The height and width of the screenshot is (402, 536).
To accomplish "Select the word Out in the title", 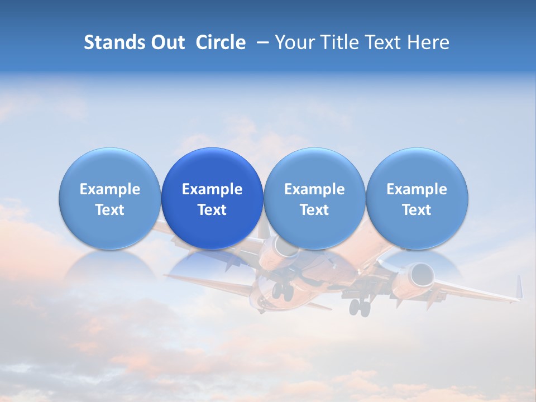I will pyautogui.click(x=167, y=42).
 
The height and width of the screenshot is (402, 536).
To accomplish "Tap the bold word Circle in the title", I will pyautogui.click(x=221, y=42).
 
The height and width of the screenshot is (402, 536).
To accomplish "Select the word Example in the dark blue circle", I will pyautogui.click(x=212, y=189).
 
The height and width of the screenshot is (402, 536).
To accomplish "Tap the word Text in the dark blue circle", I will pyautogui.click(x=212, y=210).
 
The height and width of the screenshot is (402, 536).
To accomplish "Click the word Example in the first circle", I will pyautogui.click(x=110, y=189).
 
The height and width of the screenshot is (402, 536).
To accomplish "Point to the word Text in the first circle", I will pyautogui.click(x=110, y=210).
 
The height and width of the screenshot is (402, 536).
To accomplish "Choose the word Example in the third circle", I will pyautogui.click(x=314, y=189).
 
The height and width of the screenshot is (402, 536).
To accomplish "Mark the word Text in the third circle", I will pyautogui.click(x=314, y=210).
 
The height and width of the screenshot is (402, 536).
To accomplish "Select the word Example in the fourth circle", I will pyautogui.click(x=417, y=189).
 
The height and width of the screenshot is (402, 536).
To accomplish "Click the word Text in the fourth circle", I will pyautogui.click(x=417, y=210).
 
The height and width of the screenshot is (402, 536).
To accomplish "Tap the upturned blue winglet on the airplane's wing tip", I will pyautogui.click(x=519, y=287).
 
